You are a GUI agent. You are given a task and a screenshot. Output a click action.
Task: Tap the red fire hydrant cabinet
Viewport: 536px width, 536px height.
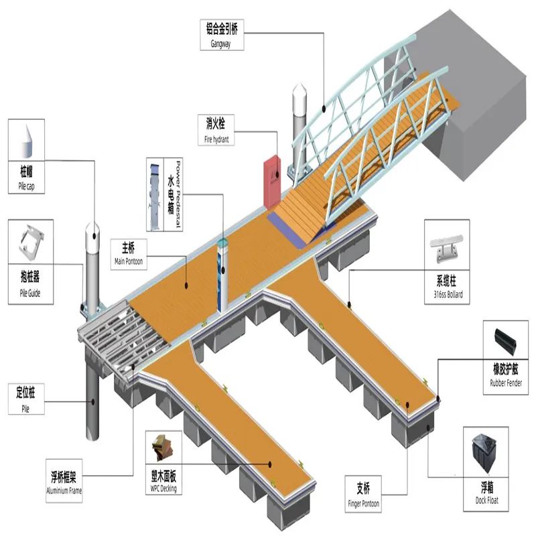[271, 181]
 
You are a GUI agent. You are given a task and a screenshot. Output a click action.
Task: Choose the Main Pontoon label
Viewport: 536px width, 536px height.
[128, 253]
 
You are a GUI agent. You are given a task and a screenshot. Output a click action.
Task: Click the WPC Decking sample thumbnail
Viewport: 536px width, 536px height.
[163, 448]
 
